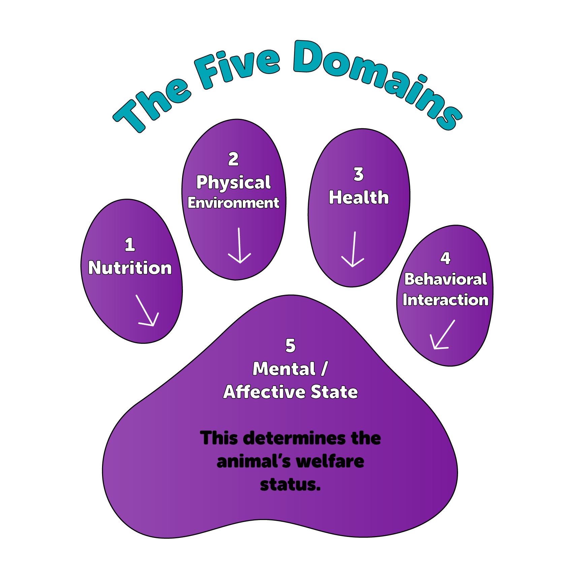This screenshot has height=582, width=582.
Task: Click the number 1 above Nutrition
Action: point(130,245)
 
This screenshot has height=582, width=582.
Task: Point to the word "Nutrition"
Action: point(130,268)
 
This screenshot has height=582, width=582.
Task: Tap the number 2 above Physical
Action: point(233,159)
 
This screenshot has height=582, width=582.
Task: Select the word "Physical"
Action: point(233,183)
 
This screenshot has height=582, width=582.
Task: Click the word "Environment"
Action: point(233,203)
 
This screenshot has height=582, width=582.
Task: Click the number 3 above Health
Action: point(359,174)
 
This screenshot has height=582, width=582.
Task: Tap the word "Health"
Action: point(359,198)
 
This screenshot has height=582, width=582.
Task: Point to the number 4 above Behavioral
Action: point(445,259)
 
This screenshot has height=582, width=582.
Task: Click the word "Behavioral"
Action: point(445,279)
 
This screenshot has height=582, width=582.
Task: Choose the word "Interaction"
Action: point(445,300)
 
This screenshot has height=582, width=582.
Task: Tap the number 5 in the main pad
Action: point(290,346)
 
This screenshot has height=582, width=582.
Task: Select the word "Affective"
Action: point(264,392)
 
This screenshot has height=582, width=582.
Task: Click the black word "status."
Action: point(290,485)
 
